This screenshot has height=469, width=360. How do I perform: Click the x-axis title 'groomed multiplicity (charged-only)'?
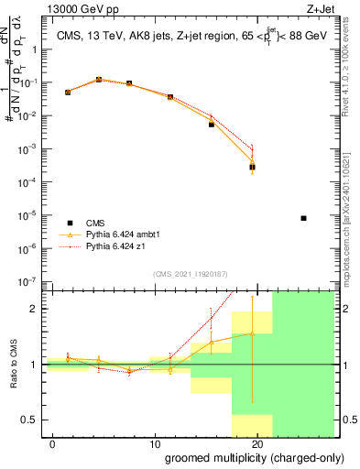pyautogui.click(x=242, y=457)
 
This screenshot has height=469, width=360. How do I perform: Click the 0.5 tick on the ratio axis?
pyautogui.click(x=31, y=420)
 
